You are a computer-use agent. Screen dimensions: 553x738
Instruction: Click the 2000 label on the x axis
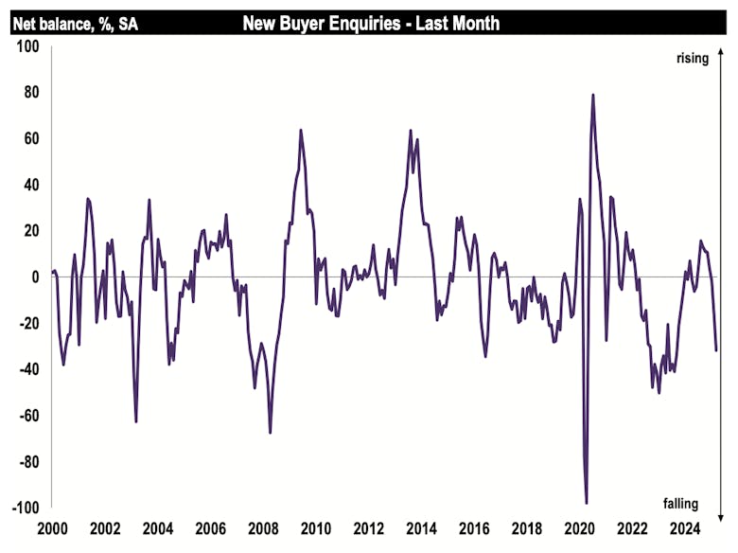[x=51, y=529]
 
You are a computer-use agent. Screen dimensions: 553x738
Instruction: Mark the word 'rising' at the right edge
[x=692, y=59]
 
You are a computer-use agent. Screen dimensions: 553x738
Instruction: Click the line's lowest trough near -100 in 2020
[x=587, y=503]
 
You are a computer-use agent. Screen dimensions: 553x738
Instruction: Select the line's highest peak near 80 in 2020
[x=593, y=95]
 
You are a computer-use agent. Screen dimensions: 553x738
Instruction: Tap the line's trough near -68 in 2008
[x=270, y=433]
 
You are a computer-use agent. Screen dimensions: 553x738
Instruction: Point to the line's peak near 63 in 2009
[x=301, y=131]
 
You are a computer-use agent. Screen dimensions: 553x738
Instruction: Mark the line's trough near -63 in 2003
[x=136, y=421]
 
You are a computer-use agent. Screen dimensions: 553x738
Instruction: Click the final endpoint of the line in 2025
[x=715, y=350]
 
